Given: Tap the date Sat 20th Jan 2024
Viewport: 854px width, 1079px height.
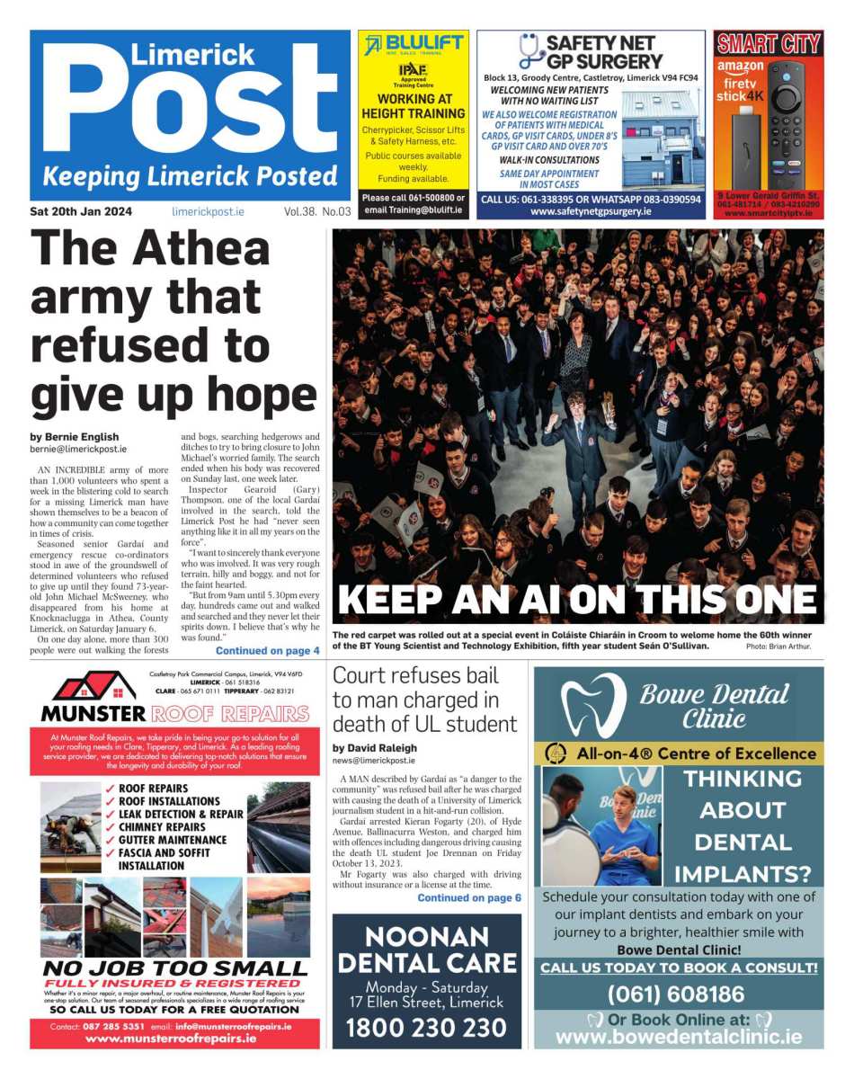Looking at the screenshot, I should (x=81, y=212).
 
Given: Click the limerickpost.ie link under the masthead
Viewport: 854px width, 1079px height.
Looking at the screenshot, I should (x=208, y=212).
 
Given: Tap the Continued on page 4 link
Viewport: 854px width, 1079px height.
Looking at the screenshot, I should (x=267, y=650).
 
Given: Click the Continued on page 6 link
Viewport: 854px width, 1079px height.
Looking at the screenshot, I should (x=468, y=897).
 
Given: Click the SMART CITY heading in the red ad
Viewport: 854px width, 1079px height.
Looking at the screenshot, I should (x=769, y=43).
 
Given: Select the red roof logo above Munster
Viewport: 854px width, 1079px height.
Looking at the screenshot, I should (x=93, y=687).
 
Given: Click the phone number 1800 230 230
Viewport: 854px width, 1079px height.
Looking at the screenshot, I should (x=426, y=1028).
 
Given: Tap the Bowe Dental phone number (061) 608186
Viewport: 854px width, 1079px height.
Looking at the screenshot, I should (x=676, y=994).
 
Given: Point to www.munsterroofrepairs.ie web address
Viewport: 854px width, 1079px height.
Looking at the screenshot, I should (x=171, y=1038).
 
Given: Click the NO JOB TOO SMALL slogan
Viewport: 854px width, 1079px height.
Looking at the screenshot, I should (x=174, y=968).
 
